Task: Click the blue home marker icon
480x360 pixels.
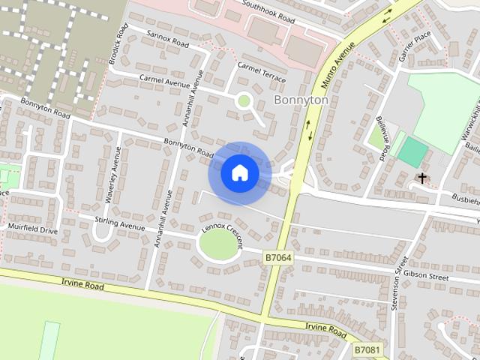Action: click(x=239, y=173)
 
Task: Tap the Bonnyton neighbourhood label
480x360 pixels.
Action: click(x=301, y=100)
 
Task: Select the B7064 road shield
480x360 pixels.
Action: click(x=278, y=257)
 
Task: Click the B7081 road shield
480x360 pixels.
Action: click(x=367, y=349)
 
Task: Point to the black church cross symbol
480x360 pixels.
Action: click(x=423, y=178)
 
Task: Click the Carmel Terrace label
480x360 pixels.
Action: click(x=261, y=70)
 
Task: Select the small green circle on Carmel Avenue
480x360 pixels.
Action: click(x=243, y=100)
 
